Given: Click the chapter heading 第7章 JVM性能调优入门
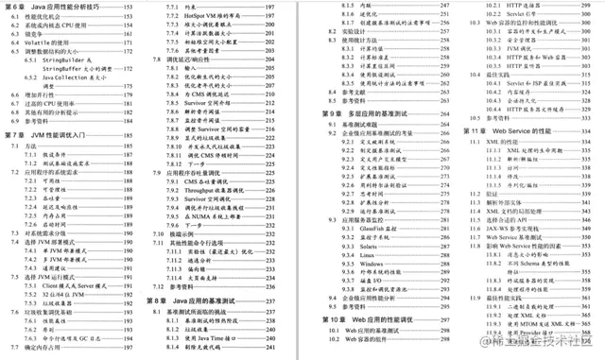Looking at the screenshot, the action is point(47,136).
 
